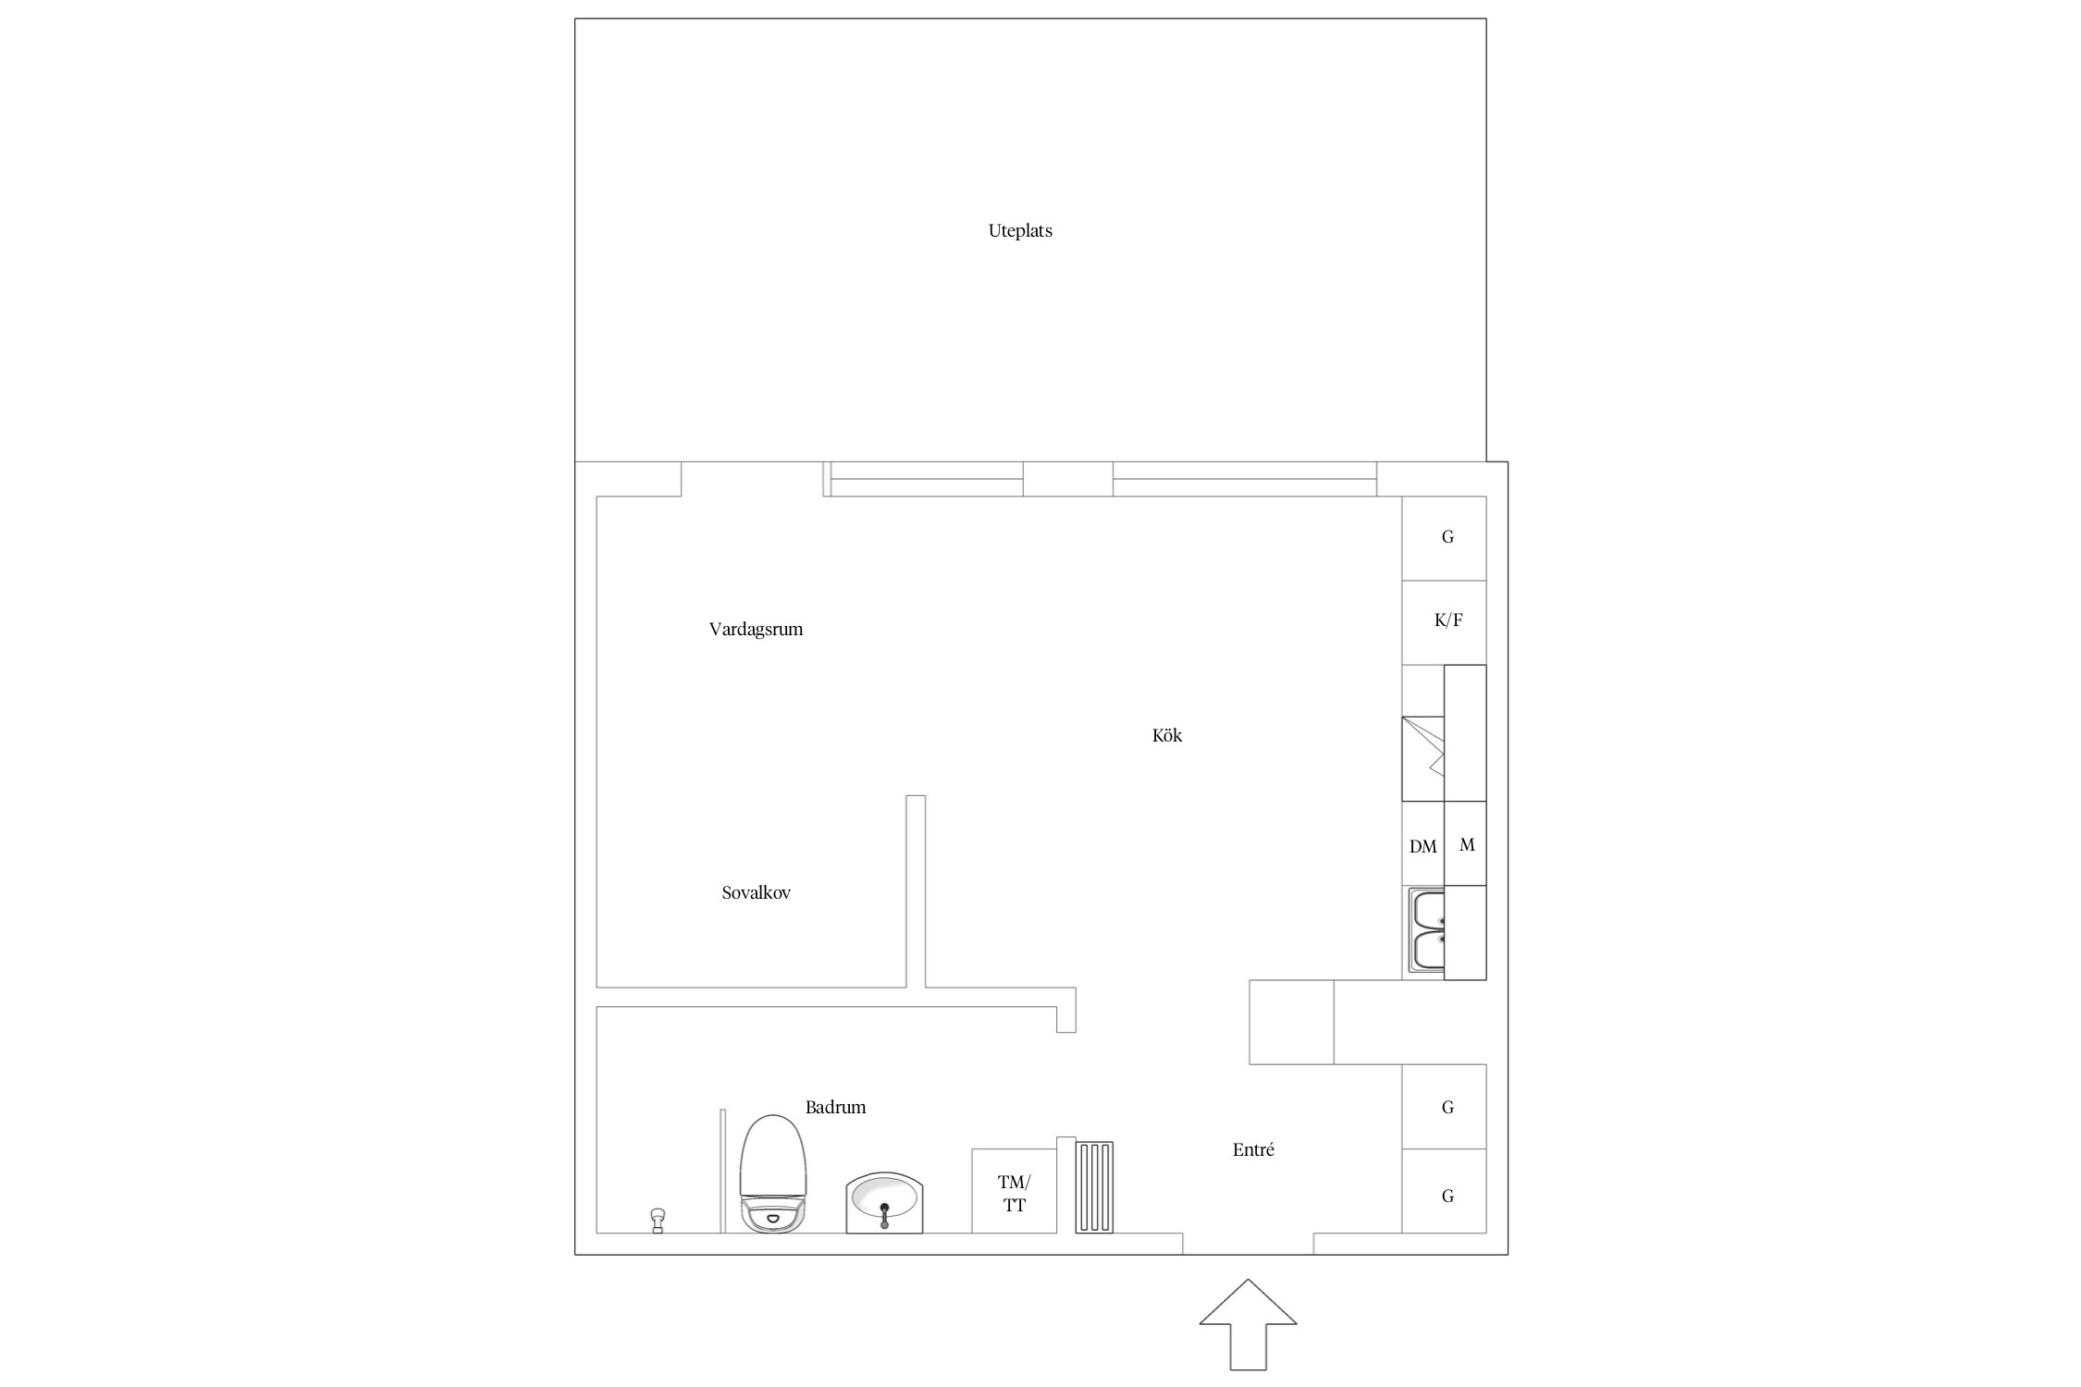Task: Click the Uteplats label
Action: (1020, 231)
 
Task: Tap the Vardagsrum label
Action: (756, 630)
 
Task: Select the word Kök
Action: (1167, 735)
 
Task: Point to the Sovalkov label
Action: (756, 893)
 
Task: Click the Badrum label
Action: (835, 1107)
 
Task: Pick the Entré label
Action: (1253, 1149)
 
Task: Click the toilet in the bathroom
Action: (773, 1173)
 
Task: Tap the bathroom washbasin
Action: (885, 1202)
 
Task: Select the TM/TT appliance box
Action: (1014, 1191)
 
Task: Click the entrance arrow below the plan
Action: (1248, 1324)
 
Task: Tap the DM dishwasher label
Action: (1423, 846)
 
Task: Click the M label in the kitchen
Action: (1467, 844)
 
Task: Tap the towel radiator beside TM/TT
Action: (1094, 1187)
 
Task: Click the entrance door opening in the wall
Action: (1248, 1244)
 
